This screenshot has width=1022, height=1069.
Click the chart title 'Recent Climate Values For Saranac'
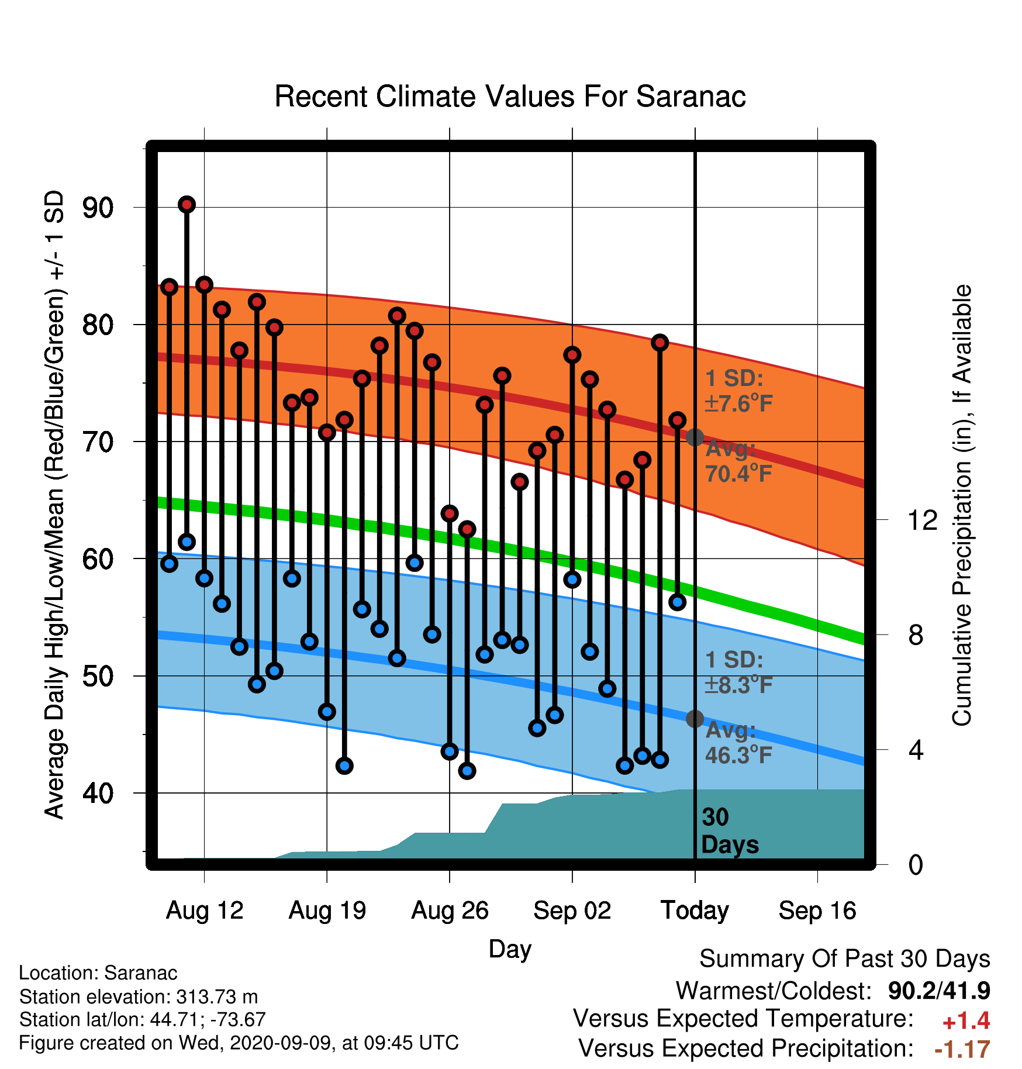(x=510, y=96)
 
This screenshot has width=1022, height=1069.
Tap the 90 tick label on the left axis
(x=98, y=208)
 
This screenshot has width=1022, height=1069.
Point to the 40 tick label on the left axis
(x=98, y=794)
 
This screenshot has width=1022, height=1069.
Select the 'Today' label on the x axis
(x=695, y=911)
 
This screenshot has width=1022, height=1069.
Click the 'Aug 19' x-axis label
(x=327, y=911)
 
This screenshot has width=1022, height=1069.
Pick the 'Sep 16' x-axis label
(x=817, y=911)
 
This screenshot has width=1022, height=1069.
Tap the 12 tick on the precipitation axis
(x=923, y=520)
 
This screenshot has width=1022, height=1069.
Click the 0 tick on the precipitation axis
(x=916, y=864)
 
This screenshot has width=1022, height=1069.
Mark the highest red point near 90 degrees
(x=187, y=204)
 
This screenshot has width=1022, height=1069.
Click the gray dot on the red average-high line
(x=695, y=437)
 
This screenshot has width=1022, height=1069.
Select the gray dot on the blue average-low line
(x=695, y=719)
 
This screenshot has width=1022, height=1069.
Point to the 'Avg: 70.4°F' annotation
(x=739, y=461)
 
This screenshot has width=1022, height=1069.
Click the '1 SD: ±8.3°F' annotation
(x=739, y=673)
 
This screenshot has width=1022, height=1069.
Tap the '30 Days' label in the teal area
(x=730, y=831)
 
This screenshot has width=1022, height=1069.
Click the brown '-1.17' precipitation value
(x=962, y=1049)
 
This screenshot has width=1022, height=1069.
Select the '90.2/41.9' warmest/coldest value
(x=939, y=991)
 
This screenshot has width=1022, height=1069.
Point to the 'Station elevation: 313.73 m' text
(x=139, y=996)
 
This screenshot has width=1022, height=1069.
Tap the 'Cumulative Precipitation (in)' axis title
(x=962, y=505)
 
